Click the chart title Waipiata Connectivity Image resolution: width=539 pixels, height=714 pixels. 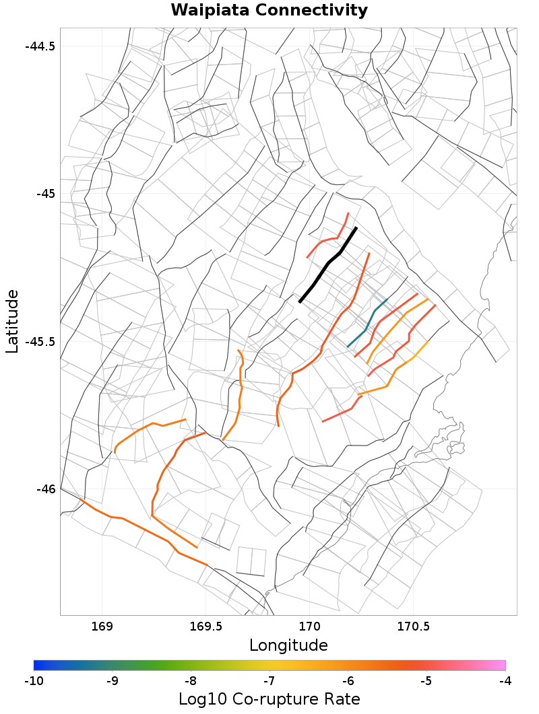tap(269, 11)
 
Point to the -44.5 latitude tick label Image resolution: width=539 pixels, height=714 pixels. tap(40, 46)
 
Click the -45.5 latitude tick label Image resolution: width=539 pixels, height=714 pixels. tap(40, 341)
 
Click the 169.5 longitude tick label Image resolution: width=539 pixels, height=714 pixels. tap(205, 626)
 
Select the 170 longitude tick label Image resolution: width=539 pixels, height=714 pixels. tap(309, 626)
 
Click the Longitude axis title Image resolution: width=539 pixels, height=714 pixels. tap(288, 645)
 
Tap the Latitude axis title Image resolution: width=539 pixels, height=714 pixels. tap(12, 321)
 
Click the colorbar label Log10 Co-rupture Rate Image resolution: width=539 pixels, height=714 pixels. tap(269, 699)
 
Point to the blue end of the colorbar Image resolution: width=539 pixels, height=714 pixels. tap(38, 666)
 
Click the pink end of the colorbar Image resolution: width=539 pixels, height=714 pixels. tap(501, 666)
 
